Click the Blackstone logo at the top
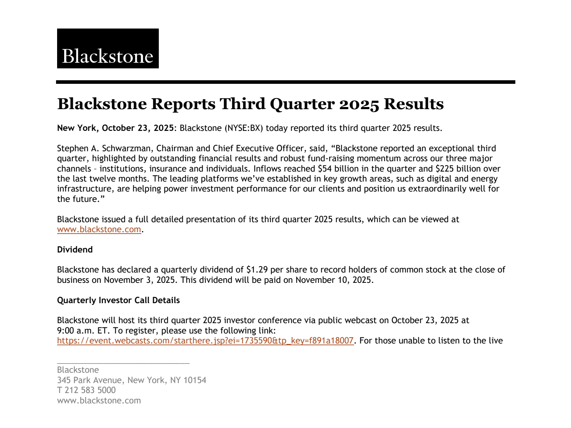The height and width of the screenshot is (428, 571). (x=108, y=49)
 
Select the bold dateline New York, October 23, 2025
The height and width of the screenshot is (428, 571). (x=115, y=128)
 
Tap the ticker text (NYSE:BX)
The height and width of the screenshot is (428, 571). (x=243, y=128)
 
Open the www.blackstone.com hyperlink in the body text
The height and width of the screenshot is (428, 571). (x=99, y=229)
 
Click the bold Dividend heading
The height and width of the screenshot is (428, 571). (x=75, y=250)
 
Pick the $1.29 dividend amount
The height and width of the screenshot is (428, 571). (x=257, y=270)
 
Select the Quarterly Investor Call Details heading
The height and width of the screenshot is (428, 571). (x=118, y=300)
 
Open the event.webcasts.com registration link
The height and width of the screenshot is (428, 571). (x=205, y=341)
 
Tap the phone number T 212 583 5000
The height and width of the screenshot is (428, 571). (x=86, y=390)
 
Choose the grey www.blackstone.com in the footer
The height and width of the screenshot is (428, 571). (x=99, y=401)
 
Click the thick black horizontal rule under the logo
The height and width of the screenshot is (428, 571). (x=285, y=82)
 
